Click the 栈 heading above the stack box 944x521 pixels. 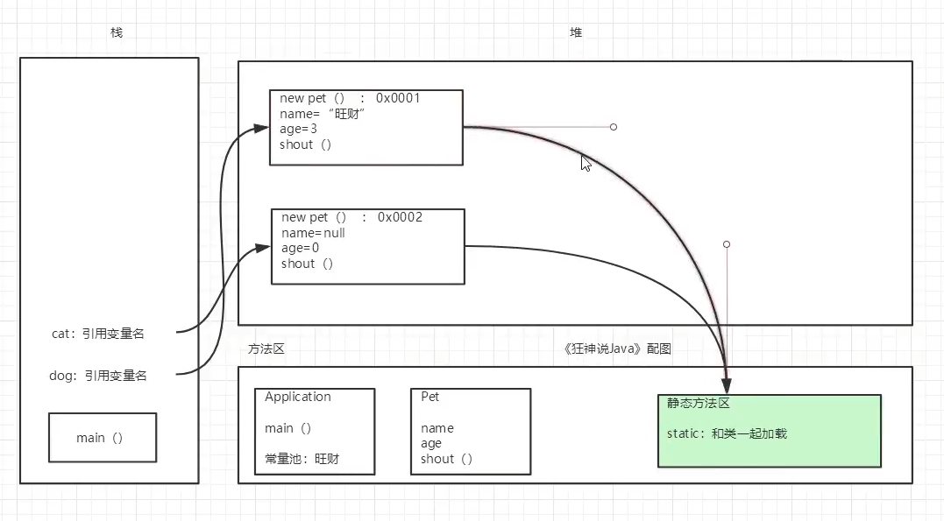tap(117, 32)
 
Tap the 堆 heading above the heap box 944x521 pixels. tap(576, 32)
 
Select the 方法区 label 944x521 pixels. tap(266, 349)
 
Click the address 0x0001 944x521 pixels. tap(398, 98)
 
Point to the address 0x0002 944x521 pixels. tap(400, 217)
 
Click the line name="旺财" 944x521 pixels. tap(322, 114)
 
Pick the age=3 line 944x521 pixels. tap(298, 129)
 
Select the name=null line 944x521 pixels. tap(313, 233)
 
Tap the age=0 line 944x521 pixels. tap(300, 248)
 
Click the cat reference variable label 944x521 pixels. tap(98, 334)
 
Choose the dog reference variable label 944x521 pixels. tap(98, 376)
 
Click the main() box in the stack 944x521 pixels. tap(102, 438)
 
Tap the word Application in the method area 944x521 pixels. tap(298, 397)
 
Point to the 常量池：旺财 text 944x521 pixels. tap(302, 459)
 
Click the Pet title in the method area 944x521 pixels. tap(430, 397)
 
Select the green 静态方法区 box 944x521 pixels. tap(769, 431)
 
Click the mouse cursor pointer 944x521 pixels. tap(586, 163)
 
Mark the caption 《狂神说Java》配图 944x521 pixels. tap(617, 349)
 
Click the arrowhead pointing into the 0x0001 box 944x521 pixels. tap(261, 128)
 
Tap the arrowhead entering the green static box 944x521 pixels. tap(726, 386)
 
